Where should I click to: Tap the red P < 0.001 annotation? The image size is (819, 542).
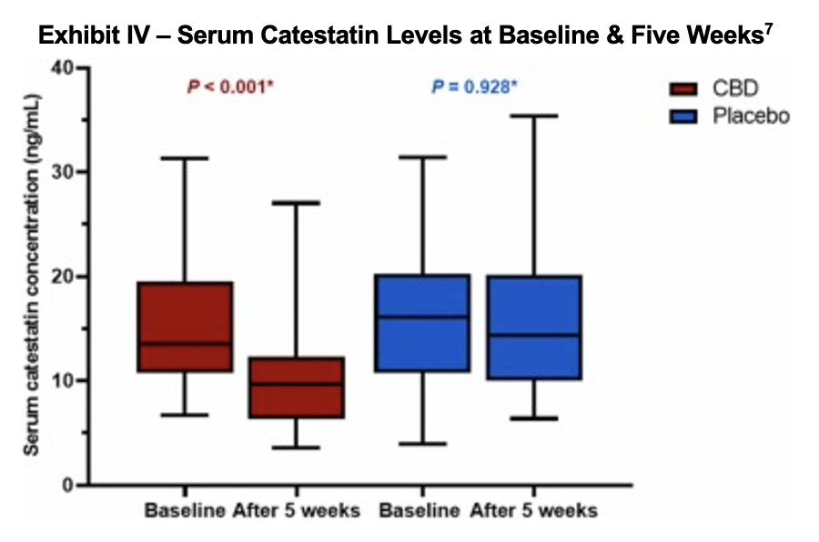click(230, 87)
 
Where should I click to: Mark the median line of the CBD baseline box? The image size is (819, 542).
click(185, 344)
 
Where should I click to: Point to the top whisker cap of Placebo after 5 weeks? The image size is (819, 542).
click(532, 115)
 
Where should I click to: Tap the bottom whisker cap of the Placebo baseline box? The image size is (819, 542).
click(423, 443)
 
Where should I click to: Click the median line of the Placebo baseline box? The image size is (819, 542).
click(423, 317)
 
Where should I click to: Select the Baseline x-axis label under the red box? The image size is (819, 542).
click(185, 510)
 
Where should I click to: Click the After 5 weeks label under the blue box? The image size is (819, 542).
click(534, 510)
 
